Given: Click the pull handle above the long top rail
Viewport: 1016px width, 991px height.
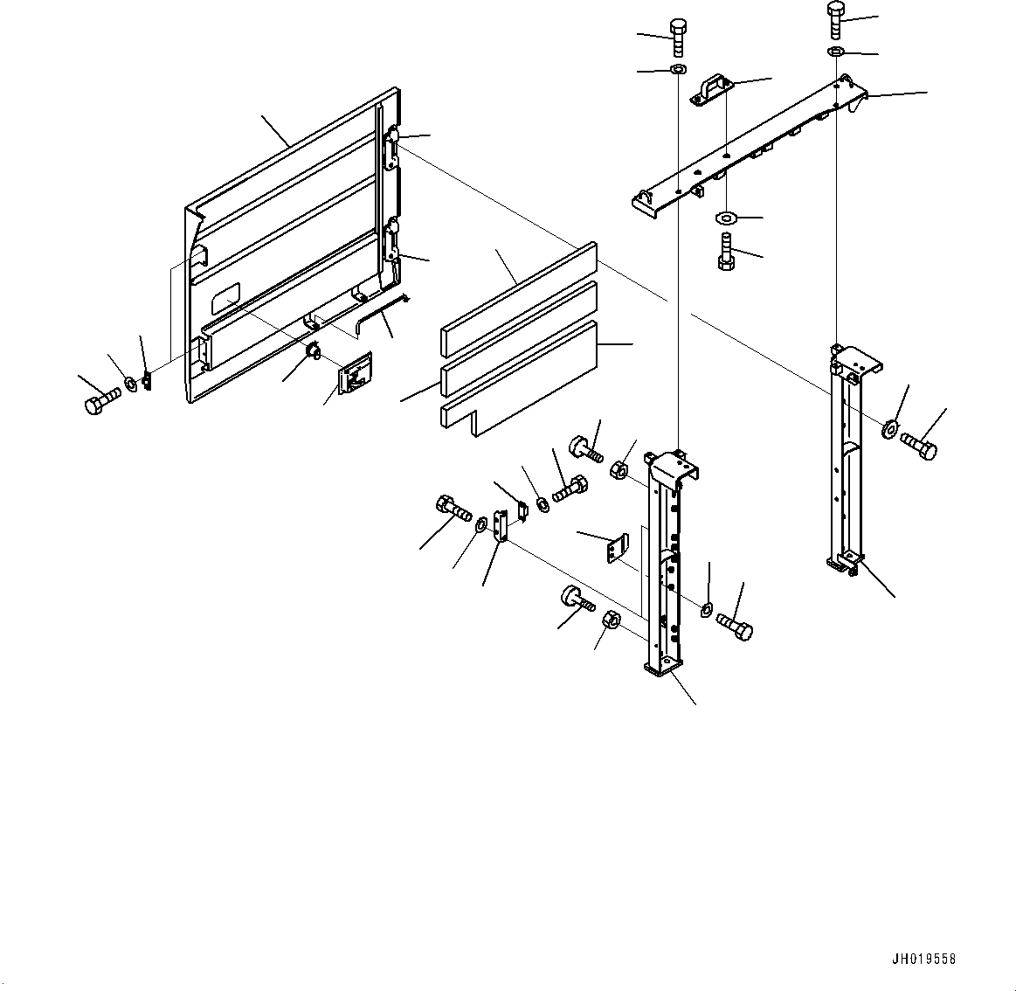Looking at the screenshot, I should pos(710,91).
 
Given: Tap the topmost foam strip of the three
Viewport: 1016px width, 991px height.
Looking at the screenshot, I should pos(519,297).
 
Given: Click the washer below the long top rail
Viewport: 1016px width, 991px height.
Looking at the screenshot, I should pos(725,217).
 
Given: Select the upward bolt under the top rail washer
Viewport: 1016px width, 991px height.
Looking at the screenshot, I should pos(724,253).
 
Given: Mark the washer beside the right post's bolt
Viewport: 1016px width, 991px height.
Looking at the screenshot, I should pos(890,428).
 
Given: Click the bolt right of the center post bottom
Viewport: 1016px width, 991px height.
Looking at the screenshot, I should pos(735,626).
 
